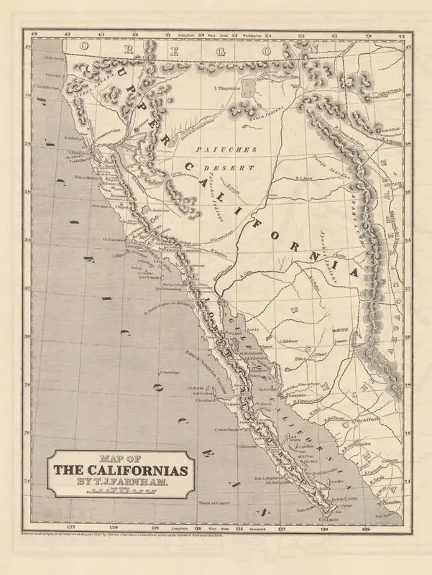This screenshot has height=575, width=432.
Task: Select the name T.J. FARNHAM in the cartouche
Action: click(x=119, y=484)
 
